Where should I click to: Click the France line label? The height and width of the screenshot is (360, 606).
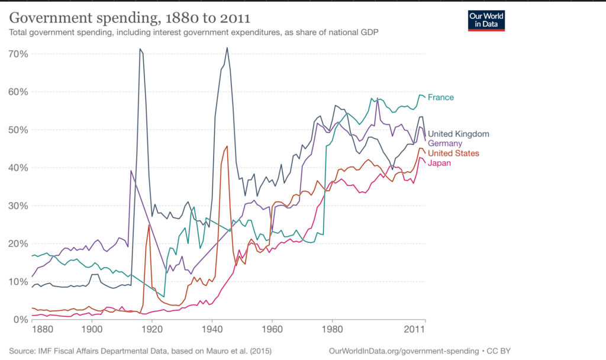point(441,97)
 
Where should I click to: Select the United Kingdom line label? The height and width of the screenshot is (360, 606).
point(458,134)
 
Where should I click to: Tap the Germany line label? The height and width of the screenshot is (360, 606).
point(445,143)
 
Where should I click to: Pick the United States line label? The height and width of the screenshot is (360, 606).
point(453,153)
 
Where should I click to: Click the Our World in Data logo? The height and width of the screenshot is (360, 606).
point(486,20)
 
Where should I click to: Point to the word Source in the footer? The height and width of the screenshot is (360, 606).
point(22,351)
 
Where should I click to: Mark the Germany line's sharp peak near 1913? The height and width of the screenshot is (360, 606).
point(131,171)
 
